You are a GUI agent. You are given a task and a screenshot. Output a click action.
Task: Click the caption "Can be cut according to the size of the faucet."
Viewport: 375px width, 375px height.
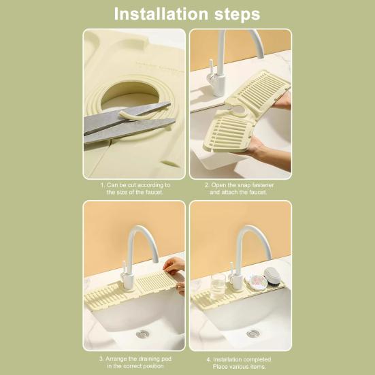pyautogui.click(x=135, y=189)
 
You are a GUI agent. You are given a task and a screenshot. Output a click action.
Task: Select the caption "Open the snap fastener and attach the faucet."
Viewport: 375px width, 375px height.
pyautogui.click(x=240, y=189)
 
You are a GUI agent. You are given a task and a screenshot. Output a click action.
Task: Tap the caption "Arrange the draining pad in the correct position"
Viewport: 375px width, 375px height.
pyautogui.click(x=135, y=363)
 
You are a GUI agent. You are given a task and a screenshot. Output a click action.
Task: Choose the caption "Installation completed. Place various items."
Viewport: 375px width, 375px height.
pyautogui.click(x=240, y=363)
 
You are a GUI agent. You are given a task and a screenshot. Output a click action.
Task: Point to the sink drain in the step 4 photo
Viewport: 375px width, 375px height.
pyautogui.click(x=253, y=333)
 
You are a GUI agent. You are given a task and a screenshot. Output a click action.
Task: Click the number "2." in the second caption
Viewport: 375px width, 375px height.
pyautogui.click(x=208, y=185)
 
